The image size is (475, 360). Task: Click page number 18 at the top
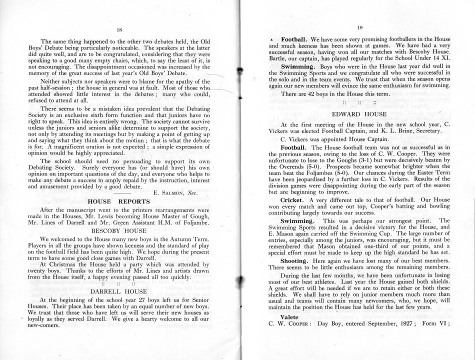pyautogui.click(x=119, y=29)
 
